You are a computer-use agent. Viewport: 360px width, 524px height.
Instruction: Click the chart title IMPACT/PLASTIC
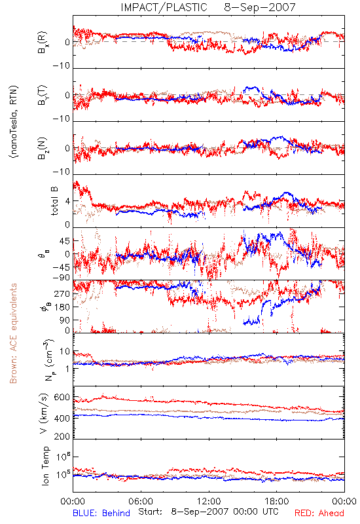(x=164, y=7)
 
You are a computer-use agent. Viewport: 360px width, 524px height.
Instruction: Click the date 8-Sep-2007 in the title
(x=260, y=7)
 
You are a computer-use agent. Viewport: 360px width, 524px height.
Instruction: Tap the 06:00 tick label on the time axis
(x=141, y=501)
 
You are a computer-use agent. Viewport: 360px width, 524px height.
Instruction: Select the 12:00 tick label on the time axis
(x=209, y=501)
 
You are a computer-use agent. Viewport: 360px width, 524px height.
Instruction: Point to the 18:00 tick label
(x=277, y=501)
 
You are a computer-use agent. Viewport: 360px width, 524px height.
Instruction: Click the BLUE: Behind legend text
(x=101, y=513)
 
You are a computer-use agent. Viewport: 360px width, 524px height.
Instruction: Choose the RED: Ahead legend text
(x=319, y=513)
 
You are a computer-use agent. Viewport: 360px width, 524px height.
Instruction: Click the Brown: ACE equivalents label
(x=13, y=333)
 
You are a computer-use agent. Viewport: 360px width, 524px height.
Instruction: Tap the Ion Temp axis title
(x=45, y=466)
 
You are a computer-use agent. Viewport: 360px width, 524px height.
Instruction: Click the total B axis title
(x=54, y=201)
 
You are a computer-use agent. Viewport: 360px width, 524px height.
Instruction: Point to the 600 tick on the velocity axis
(x=62, y=398)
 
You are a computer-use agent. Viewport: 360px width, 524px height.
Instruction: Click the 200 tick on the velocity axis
(x=62, y=436)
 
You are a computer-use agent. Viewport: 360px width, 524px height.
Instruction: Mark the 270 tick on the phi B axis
(x=62, y=293)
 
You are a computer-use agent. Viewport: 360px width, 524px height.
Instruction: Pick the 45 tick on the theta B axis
(x=65, y=241)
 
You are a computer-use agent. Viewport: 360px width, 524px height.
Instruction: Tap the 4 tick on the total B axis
(x=68, y=201)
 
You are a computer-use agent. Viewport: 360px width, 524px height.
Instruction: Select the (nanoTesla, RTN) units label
(x=14, y=122)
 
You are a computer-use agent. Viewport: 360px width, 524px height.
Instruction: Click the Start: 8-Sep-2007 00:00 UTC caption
(x=208, y=512)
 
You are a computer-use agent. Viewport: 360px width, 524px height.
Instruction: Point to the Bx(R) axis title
(x=43, y=43)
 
